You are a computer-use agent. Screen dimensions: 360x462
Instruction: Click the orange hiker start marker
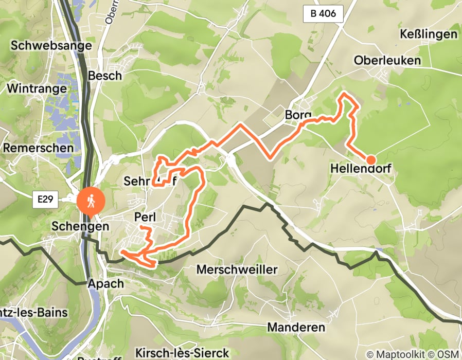tap(91, 201)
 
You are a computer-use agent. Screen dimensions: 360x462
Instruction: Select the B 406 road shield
tap(326, 13)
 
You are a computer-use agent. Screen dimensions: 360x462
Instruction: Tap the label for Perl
tap(145, 217)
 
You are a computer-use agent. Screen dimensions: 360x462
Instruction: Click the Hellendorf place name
tap(366, 169)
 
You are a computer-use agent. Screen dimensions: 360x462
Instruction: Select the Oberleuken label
tap(387, 60)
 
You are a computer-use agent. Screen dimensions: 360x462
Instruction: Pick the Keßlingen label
tap(428, 34)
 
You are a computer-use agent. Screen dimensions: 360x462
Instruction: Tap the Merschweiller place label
tap(237, 269)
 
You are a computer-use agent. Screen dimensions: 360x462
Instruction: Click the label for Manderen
tap(296, 328)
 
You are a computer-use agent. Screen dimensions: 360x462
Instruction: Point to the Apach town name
tap(105, 283)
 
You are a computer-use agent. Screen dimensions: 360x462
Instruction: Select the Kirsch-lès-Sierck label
tap(182, 353)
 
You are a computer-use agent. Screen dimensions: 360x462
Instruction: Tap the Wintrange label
tap(37, 88)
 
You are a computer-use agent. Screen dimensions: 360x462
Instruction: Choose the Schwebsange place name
tap(51, 45)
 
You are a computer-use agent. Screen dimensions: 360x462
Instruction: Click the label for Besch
tap(105, 76)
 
